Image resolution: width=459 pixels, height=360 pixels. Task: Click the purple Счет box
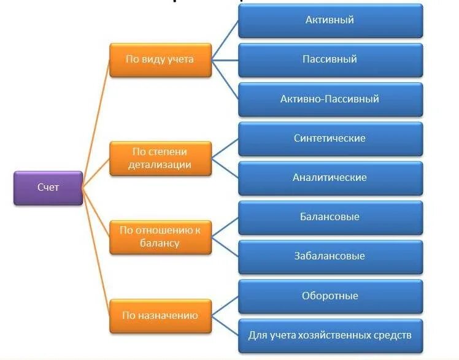(48, 188)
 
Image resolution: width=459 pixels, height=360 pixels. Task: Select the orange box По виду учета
(160, 59)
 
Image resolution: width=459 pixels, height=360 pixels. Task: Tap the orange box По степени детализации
(160, 158)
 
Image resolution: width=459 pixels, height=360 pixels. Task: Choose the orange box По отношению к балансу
(160, 237)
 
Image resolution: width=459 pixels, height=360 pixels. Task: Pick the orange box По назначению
(160, 316)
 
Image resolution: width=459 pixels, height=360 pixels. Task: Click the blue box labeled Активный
(330, 20)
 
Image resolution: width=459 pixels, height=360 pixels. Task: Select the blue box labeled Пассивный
(330, 59)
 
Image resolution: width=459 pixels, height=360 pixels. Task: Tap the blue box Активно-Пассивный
(330, 99)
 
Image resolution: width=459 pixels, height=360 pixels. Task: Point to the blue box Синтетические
(330, 139)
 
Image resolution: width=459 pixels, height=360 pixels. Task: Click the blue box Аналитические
(330, 178)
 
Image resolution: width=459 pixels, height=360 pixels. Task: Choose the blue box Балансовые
(330, 217)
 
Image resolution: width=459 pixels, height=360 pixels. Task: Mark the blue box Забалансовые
(330, 256)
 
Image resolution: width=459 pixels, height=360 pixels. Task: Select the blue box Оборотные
(330, 296)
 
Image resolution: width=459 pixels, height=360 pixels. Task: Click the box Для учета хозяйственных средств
(330, 335)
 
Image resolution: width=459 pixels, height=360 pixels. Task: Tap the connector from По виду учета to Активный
(225, 40)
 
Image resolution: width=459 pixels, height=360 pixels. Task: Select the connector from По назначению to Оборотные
(225, 306)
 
